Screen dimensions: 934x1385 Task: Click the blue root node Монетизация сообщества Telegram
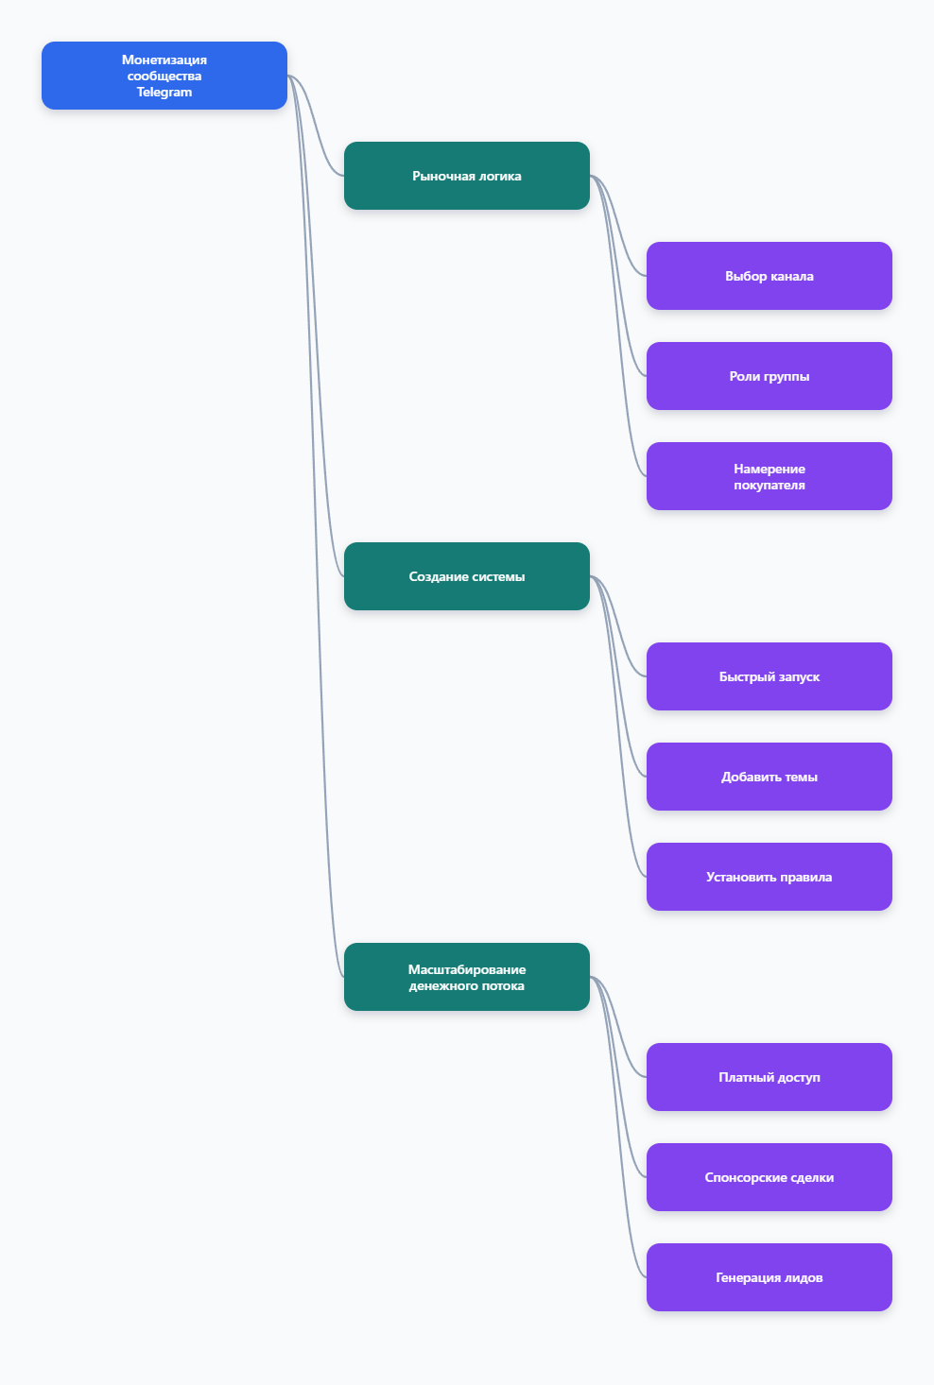[x=164, y=76]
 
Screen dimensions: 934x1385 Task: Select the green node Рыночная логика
[x=466, y=176]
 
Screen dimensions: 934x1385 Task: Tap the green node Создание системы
[x=466, y=576]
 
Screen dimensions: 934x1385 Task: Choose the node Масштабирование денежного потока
[x=466, y=977]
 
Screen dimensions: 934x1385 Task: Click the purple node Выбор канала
[x=769, y=276]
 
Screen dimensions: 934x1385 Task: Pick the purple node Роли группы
[x=769, y=376]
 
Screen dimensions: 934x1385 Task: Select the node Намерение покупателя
[x=769, y=476]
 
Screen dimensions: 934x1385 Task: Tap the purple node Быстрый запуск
[x=769, y=676]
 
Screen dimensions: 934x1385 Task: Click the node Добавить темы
[x=769, y=777]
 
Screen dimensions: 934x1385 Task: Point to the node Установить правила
[x=769, y=877]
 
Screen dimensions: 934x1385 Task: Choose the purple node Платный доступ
[x=769, y=1077]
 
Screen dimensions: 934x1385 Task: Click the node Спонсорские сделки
[x=769, y=1177]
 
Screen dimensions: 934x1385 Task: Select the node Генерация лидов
[x=769, y=1277]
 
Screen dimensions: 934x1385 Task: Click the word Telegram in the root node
[x=164, y=93]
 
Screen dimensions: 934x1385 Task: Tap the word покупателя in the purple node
[x=769, y=485]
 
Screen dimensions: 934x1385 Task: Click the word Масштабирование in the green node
[x=466, y=969]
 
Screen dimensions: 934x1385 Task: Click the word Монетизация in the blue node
[x=164, y=60]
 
